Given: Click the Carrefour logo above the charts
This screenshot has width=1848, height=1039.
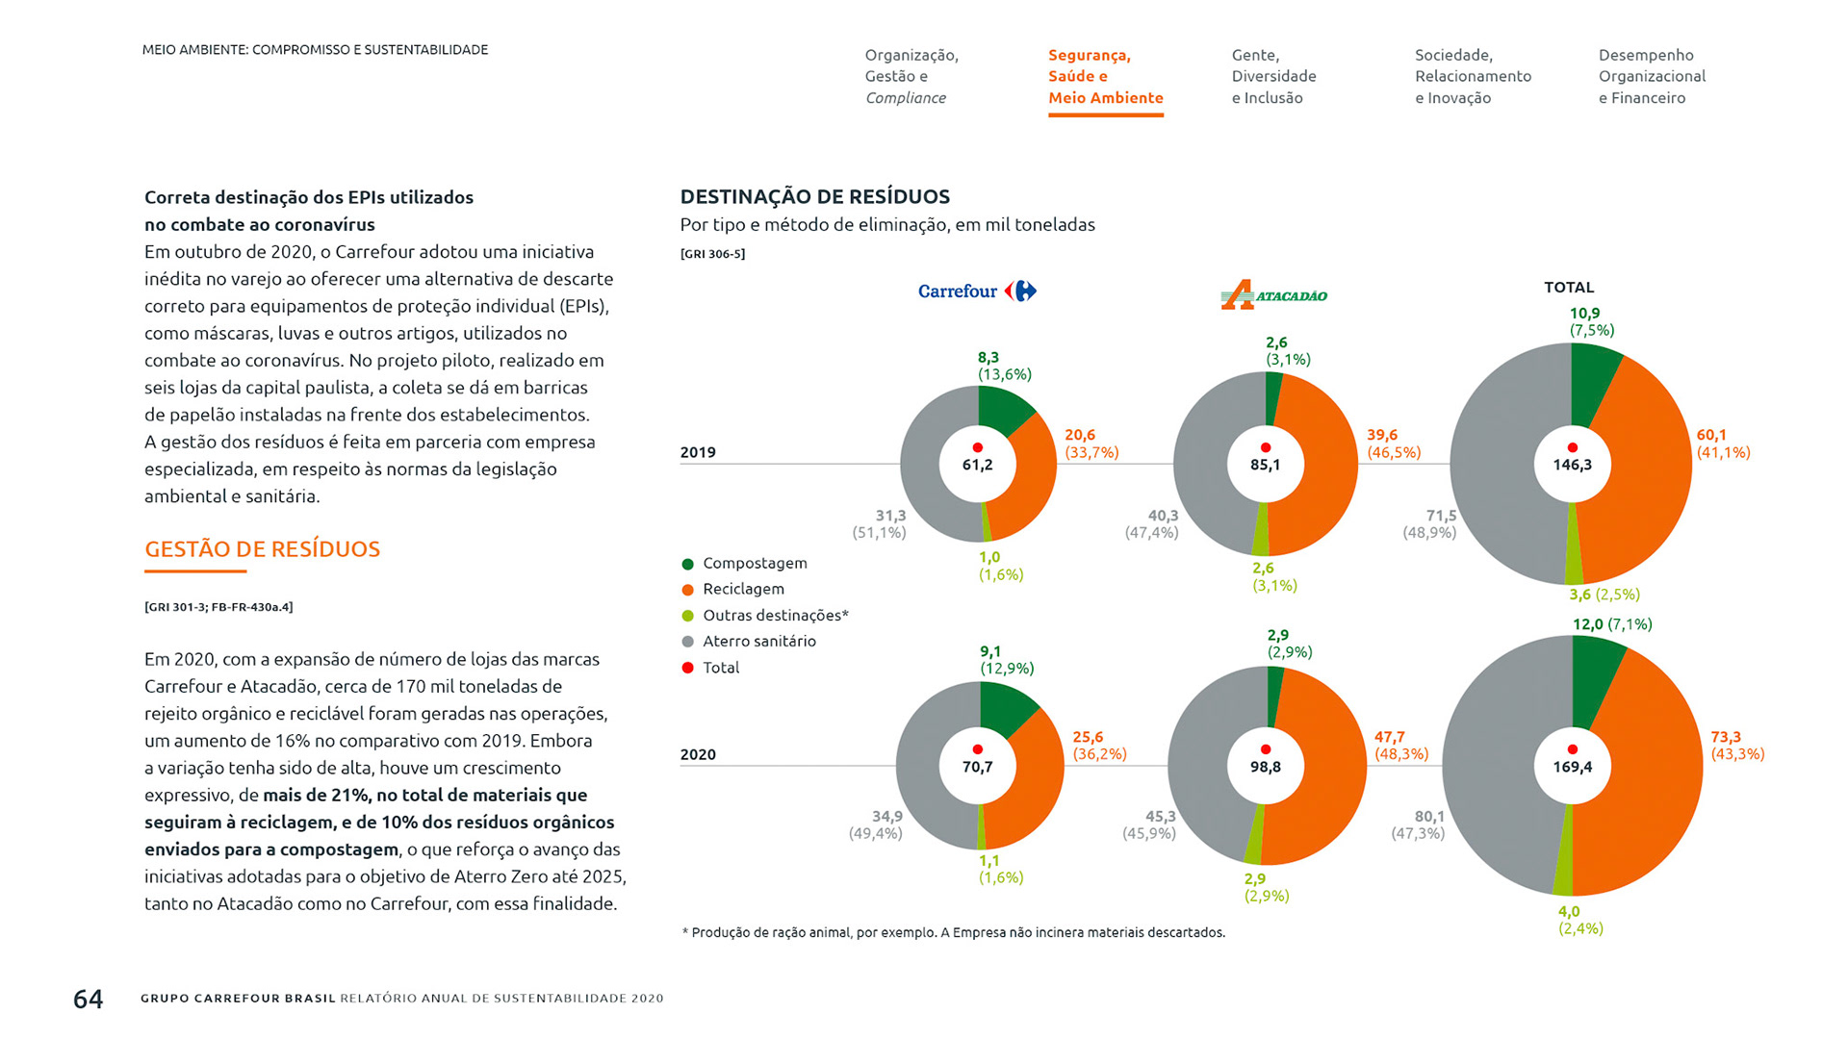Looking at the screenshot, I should click(977, 291).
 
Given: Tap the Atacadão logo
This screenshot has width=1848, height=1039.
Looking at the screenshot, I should click(1273, 294).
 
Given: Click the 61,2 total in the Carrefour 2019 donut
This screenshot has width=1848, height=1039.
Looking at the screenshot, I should click(977, 466).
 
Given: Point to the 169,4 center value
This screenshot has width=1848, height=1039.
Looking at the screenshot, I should click(1572, 767).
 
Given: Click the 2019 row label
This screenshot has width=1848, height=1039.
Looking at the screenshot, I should click(698, 452).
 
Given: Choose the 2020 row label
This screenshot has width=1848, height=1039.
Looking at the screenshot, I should click(698, 754).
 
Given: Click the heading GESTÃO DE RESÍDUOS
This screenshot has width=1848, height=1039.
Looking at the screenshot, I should click(262, 549).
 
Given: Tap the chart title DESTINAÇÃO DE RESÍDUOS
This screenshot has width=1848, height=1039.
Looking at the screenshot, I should click(814, 197).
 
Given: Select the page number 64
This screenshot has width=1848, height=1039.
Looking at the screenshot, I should click(88, 1000).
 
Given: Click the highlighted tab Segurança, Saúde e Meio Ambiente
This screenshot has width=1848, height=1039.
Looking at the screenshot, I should click(1105, 77).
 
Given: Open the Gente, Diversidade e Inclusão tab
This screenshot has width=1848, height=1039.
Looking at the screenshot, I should click(1272, 77).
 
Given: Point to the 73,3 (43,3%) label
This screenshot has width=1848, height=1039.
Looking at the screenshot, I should click(1736, 746).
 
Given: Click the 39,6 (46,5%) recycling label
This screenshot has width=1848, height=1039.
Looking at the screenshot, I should click(1393, 443).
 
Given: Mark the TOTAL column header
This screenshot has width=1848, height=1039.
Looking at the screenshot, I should click(1569, 288).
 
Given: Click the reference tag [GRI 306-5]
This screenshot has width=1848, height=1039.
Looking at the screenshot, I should click(712, 254).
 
